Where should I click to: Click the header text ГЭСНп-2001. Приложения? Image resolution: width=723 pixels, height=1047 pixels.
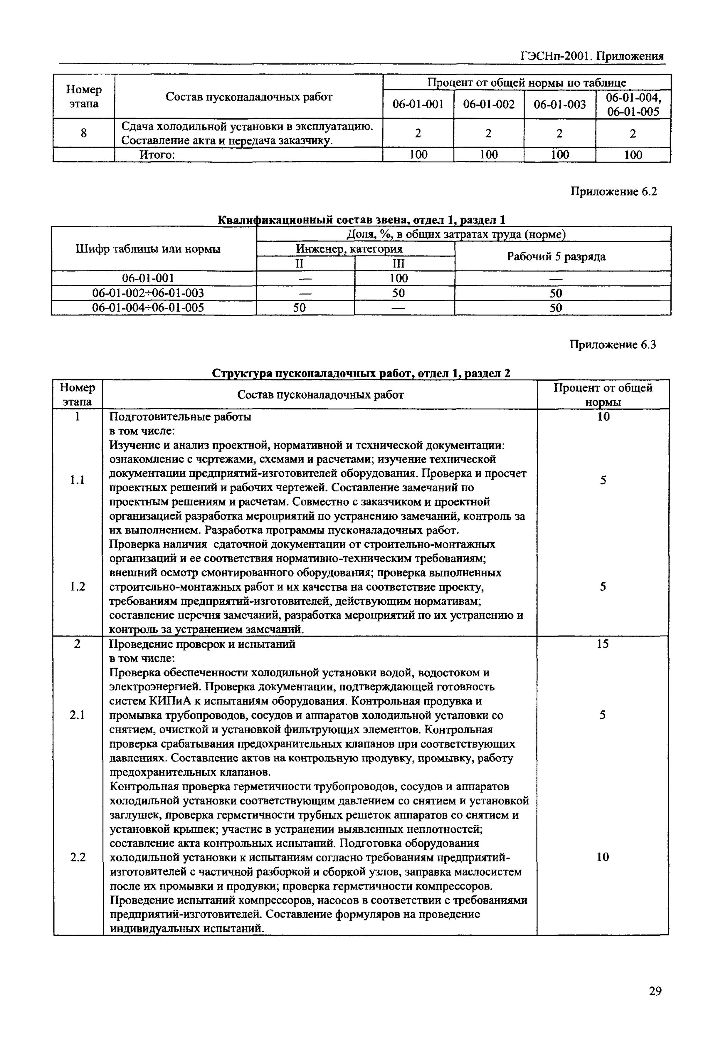(592, 56)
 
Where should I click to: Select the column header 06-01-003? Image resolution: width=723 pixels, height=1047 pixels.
(560, 105)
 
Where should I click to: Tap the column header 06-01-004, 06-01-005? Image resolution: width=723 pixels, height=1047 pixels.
(633, 105)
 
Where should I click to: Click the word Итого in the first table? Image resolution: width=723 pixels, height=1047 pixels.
(157, 155)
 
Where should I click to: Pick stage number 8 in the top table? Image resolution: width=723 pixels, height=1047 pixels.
(84, 133)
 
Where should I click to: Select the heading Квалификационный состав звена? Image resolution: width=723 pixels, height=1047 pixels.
(361, 220)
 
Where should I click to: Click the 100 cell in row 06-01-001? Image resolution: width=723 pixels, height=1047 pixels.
(399, 278)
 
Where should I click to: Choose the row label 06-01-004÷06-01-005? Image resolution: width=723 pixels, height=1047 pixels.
(148, 308)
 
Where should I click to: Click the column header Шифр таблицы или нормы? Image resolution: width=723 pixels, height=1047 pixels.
(148, 249)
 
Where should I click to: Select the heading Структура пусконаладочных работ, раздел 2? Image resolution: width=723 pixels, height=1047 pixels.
(361, 373)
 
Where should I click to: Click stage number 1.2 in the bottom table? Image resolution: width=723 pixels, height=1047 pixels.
(78, 587)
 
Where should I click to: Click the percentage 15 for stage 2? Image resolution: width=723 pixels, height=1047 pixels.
(602, 644)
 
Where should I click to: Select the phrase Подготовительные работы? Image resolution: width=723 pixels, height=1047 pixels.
(180, 416)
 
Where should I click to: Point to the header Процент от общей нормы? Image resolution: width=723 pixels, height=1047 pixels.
(602, 395)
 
